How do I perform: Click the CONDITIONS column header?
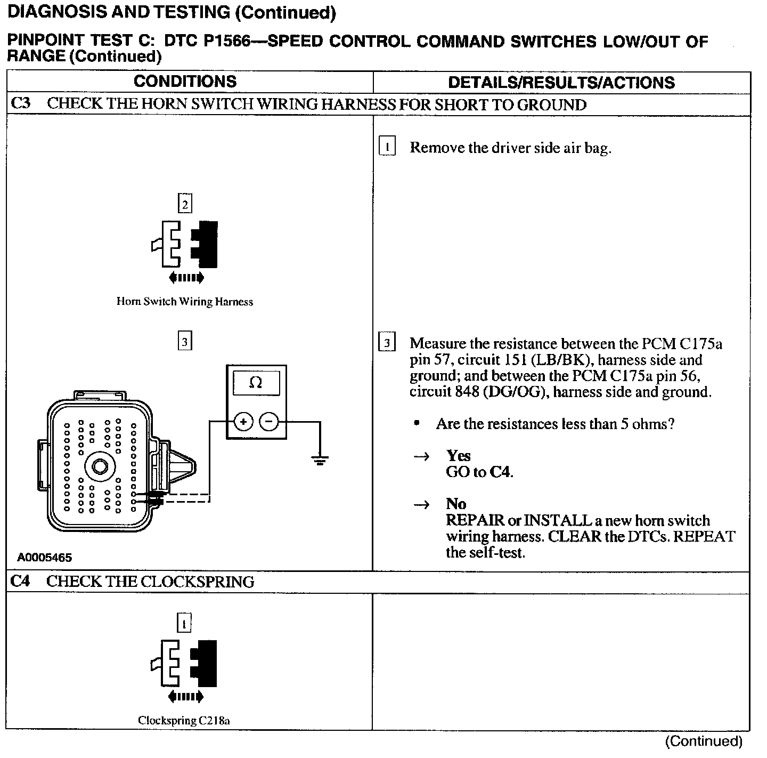(x=185, y=82)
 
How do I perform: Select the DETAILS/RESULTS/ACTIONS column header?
(x=561, y=83)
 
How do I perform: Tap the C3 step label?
(x=21, y=103)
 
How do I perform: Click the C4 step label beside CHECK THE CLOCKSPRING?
(x=21, y=581)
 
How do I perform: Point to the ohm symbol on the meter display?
(x=256, y=383)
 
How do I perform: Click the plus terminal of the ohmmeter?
(x=243, y=422)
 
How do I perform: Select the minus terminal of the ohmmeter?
(x=269, y=422)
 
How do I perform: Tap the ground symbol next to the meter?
(x=320, y=459)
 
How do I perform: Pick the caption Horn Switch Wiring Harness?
(x=185, y=302)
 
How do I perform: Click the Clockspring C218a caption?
(x=184, y=721)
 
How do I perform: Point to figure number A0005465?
(x=45, y=558)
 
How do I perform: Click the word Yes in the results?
(x=459, y=456)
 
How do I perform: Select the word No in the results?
(x=456, y=504)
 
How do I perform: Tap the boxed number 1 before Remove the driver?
(x=387, y=147)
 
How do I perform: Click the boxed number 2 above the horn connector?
(x=185, y=204)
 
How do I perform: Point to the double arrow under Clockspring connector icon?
(x=185, y=696)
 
